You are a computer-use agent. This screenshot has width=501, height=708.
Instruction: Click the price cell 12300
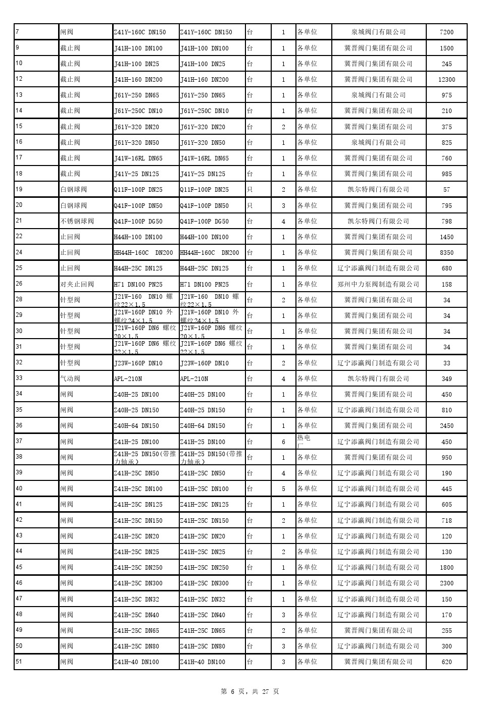[446, 79]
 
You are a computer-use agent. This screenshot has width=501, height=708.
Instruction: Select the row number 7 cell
[36, 32]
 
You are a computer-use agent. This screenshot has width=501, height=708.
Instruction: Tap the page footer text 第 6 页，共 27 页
[250, 691]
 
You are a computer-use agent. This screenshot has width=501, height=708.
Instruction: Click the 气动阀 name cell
[85, 378]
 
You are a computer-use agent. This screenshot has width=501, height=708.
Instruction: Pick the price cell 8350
[446, 252]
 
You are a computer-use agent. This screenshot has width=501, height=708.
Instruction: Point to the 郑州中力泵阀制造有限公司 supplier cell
[378, 284]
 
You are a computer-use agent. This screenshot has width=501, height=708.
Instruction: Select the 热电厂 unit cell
[313, 441]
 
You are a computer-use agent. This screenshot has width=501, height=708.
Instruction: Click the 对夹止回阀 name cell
[85, 284]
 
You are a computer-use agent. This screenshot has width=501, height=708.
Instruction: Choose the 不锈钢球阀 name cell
[85, 221]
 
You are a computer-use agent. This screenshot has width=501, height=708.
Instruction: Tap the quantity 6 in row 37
[283, 442]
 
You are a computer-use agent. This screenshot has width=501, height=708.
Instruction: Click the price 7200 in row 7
[446, 32]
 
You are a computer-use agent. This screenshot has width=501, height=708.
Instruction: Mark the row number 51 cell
[36, 662]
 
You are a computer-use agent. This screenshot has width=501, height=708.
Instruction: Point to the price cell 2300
[446, 583]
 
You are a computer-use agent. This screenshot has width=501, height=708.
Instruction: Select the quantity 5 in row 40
[283, 488]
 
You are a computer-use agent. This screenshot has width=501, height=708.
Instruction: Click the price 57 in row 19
[446, 190]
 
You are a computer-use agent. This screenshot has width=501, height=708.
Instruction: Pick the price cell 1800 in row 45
[446, 567]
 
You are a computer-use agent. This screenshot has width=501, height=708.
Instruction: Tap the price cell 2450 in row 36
[446, 425]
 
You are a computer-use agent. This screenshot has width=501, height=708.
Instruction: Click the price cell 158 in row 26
[446, 284]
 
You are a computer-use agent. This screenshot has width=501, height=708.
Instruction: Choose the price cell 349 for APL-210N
[446, 378]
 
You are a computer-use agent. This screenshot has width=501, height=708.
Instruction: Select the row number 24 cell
[36, 252]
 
